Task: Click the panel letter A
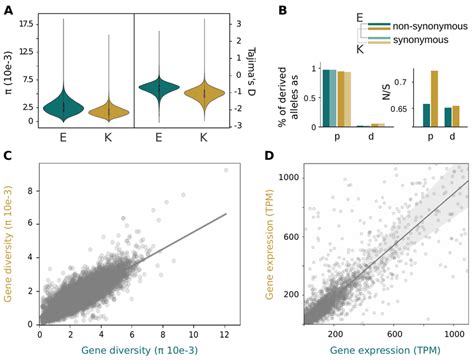click(8, 8)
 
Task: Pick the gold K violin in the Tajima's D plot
click(204, 97)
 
